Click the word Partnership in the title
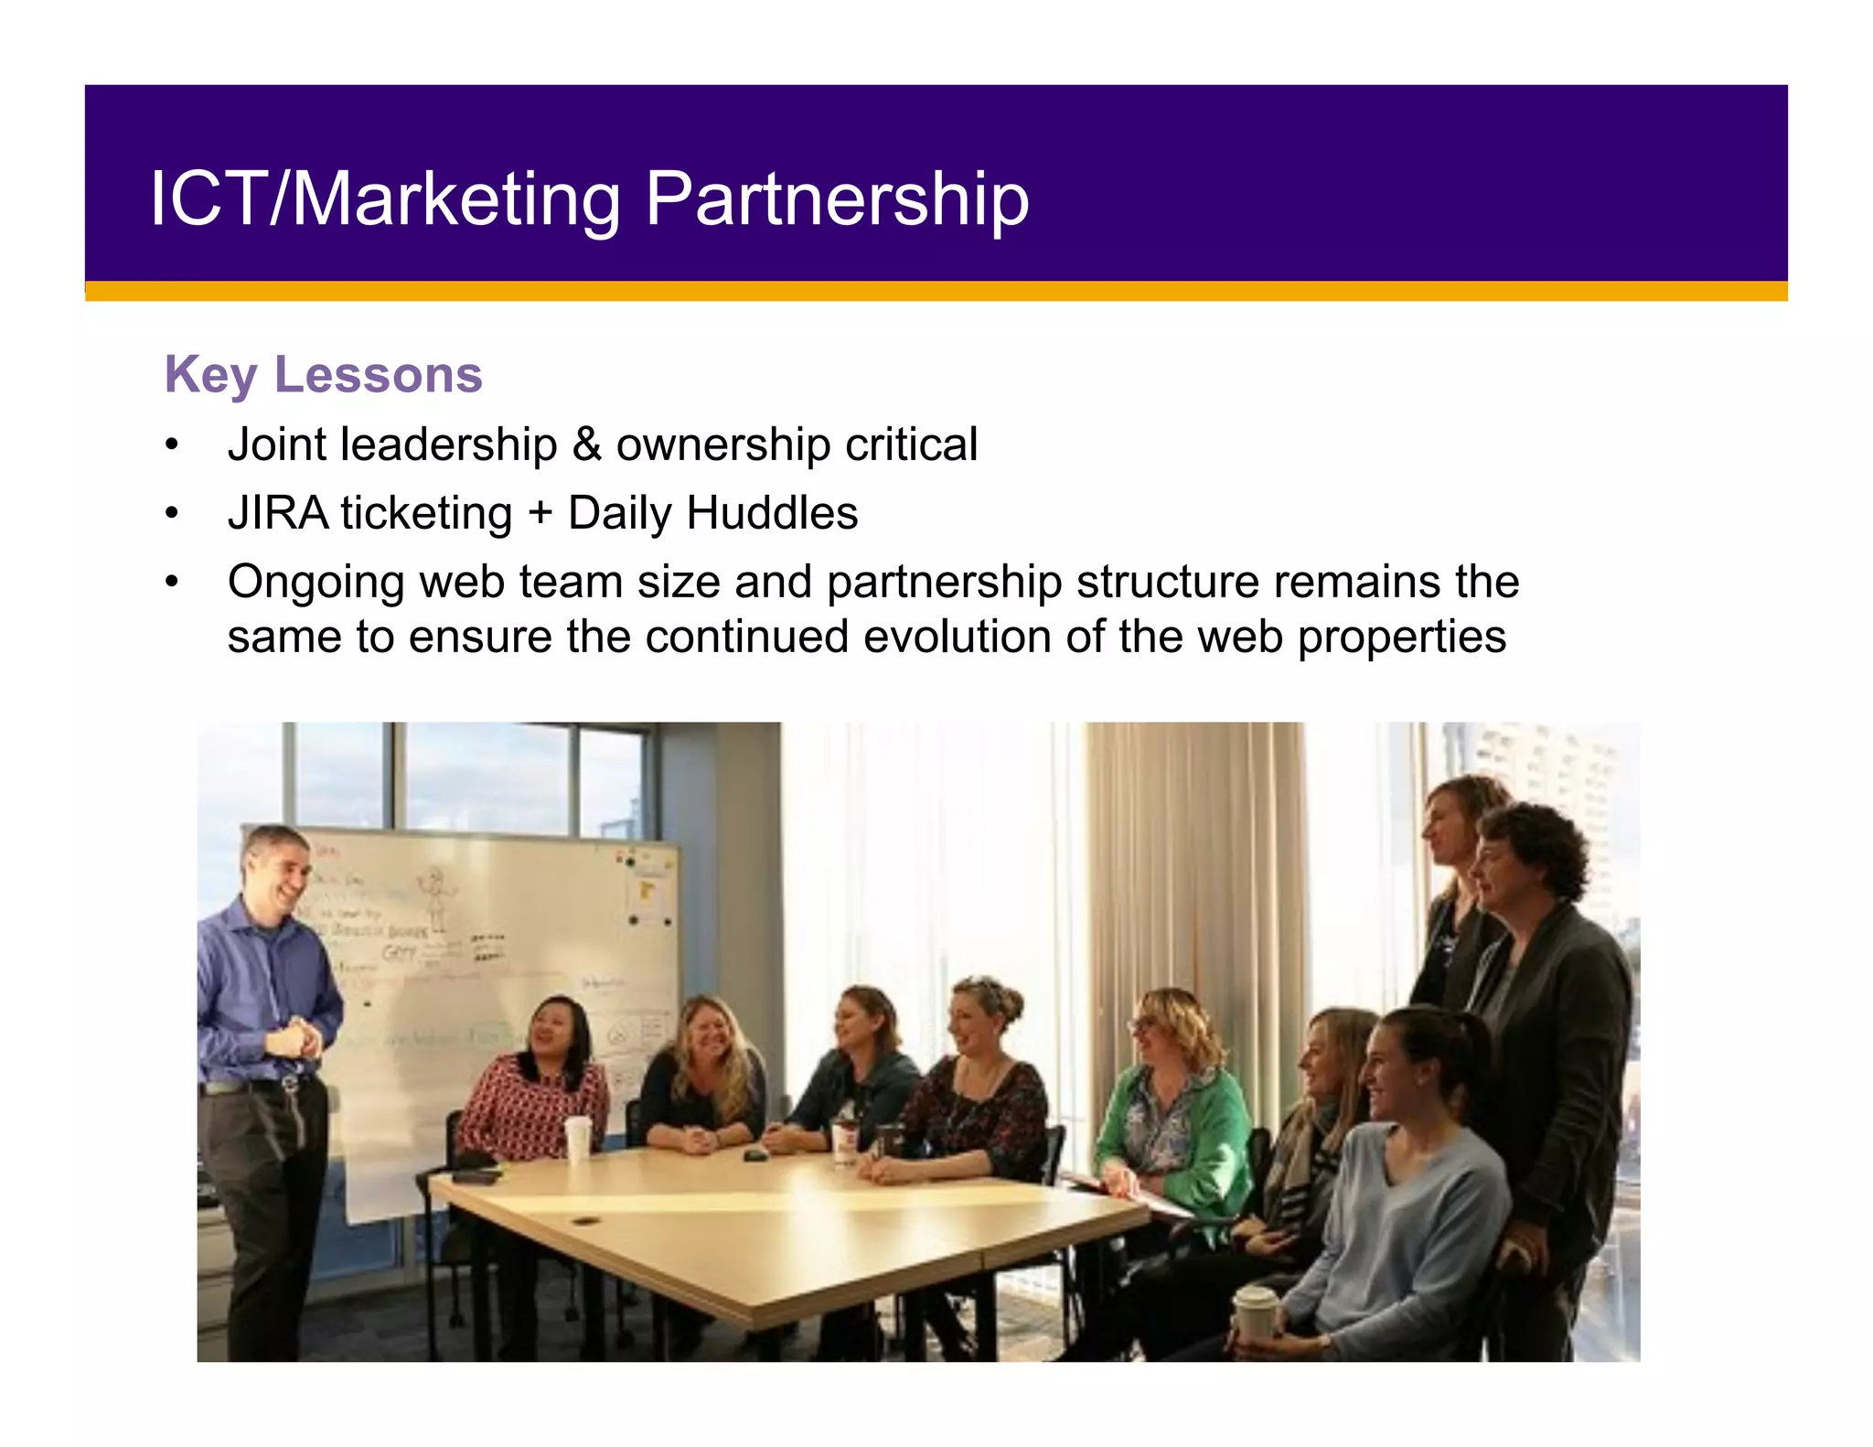coord(837,199)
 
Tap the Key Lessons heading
coord(323,375)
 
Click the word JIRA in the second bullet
coord(278,513)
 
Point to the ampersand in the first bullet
coord(586,445)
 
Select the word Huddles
coord(772,513)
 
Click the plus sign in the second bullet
coord(540,514)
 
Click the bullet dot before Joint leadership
coord(172,445)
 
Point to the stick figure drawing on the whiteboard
coord(435,892)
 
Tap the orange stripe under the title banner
coord(936,291)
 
